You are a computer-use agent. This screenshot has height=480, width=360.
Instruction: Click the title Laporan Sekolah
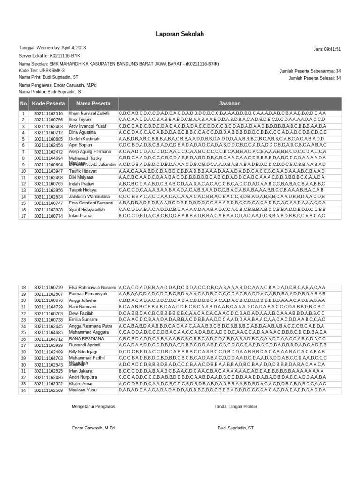180,34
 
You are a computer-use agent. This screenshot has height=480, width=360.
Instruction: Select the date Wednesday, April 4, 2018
61,48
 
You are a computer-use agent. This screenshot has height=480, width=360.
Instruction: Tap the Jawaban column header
230,104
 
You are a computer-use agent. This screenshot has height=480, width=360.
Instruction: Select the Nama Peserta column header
93,104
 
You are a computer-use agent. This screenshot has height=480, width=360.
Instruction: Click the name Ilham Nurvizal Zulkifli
89,113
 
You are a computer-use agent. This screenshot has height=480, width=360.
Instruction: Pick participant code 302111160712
49,133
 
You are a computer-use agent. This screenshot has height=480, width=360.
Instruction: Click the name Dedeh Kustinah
84,139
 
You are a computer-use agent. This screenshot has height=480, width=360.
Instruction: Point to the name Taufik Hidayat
83,172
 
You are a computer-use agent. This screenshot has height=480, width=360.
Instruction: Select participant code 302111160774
49,216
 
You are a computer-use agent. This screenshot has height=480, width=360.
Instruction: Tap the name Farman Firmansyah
88,294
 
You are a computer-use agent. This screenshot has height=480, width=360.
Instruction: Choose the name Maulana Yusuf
83,390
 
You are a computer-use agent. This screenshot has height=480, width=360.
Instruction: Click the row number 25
23,332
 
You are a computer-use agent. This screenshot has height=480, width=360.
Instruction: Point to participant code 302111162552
49,384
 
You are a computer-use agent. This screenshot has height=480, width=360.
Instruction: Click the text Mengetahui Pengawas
93,407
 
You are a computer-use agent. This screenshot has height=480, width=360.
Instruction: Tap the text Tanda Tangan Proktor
236,407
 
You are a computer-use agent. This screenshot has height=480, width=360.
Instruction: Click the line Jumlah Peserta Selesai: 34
315,78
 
